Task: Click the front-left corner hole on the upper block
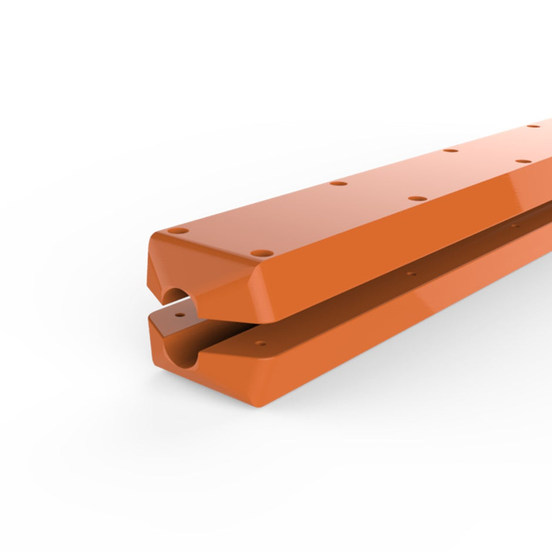tap(178, 231)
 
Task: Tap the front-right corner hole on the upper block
tap(262, 254)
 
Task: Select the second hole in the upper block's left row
tap(338, 183)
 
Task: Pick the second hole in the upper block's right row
tap(418, 198)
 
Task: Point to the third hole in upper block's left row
tap(450, 150)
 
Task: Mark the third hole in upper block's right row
tap(523, 160)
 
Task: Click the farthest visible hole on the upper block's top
tap(533, 126)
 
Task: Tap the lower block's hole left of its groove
tap(180, 315)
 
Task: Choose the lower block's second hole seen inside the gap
tap(412, 274)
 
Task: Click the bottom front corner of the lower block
tap(258, 406)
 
